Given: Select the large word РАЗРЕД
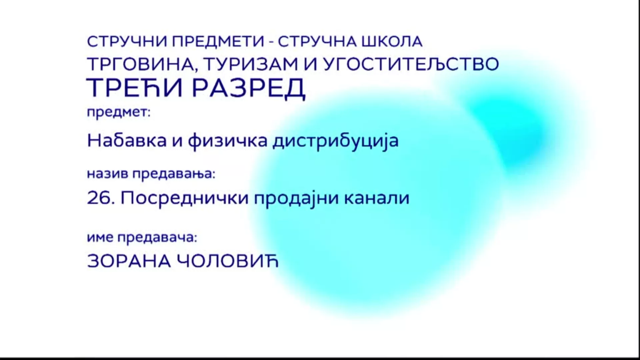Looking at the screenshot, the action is click(249, 88).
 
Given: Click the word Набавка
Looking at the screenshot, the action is click(127, 141).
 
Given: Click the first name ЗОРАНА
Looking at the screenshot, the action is click(129, 262).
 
